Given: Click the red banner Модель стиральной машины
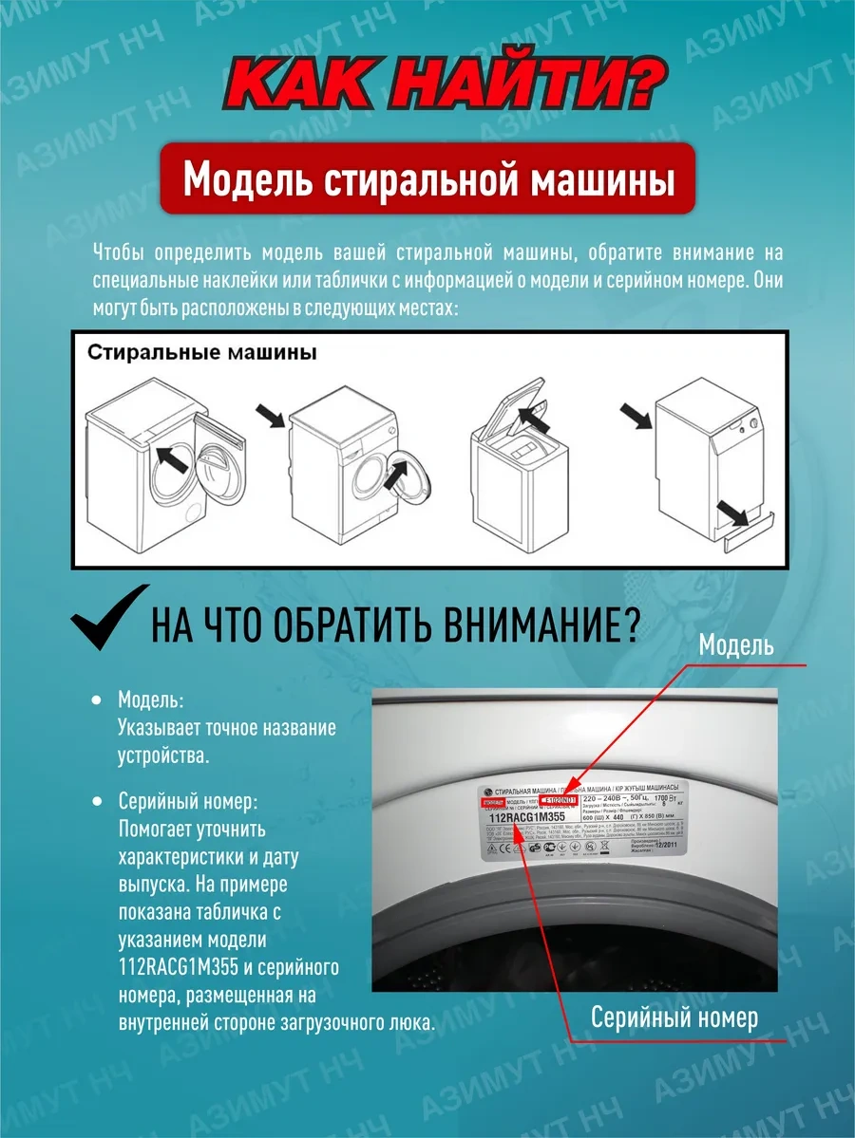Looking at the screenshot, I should coord(427,178).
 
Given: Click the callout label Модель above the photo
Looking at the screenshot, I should coord(735,645).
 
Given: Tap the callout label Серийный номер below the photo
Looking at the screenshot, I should coord(674,1018).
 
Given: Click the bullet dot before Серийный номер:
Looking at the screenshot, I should coord(96,802).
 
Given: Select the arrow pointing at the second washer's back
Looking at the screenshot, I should coord(271,414).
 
